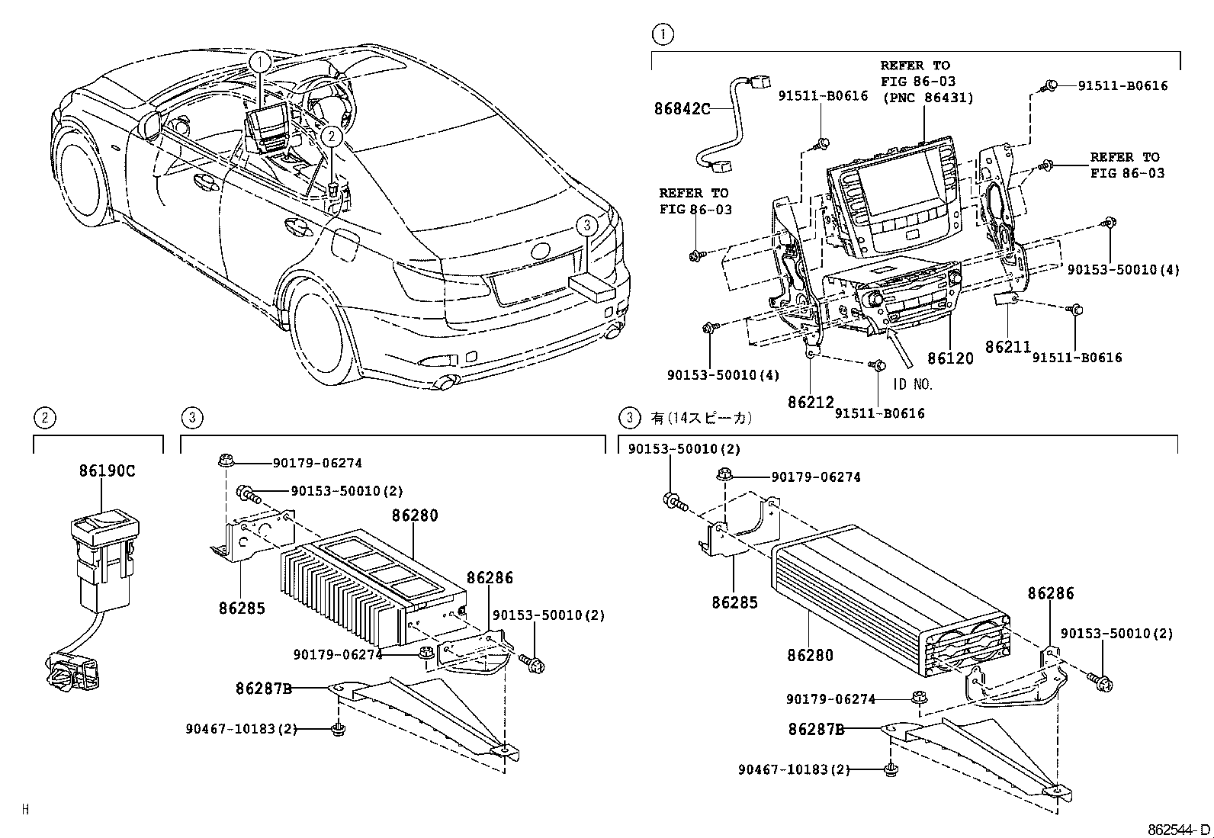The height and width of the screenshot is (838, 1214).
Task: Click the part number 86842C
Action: click(682, 108)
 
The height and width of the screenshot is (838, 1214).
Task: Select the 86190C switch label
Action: click(107, 470)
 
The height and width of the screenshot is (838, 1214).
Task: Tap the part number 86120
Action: click(950, 358)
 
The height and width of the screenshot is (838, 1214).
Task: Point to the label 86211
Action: click(1007, 347)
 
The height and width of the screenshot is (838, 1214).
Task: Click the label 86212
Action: click(811, 402)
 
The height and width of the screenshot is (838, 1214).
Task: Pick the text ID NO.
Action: click(913, 384)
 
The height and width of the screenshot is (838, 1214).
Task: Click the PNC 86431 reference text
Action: click(928, 97)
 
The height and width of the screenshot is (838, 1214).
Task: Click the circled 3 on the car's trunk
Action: click(585, 226)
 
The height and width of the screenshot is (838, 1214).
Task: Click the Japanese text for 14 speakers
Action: click(702, 418)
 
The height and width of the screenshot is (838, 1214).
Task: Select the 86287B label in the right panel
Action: click(816, 729)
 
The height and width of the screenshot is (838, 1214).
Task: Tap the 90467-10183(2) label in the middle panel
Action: click(239, 729)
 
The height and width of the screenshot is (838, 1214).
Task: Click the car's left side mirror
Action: click(150, 124)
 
